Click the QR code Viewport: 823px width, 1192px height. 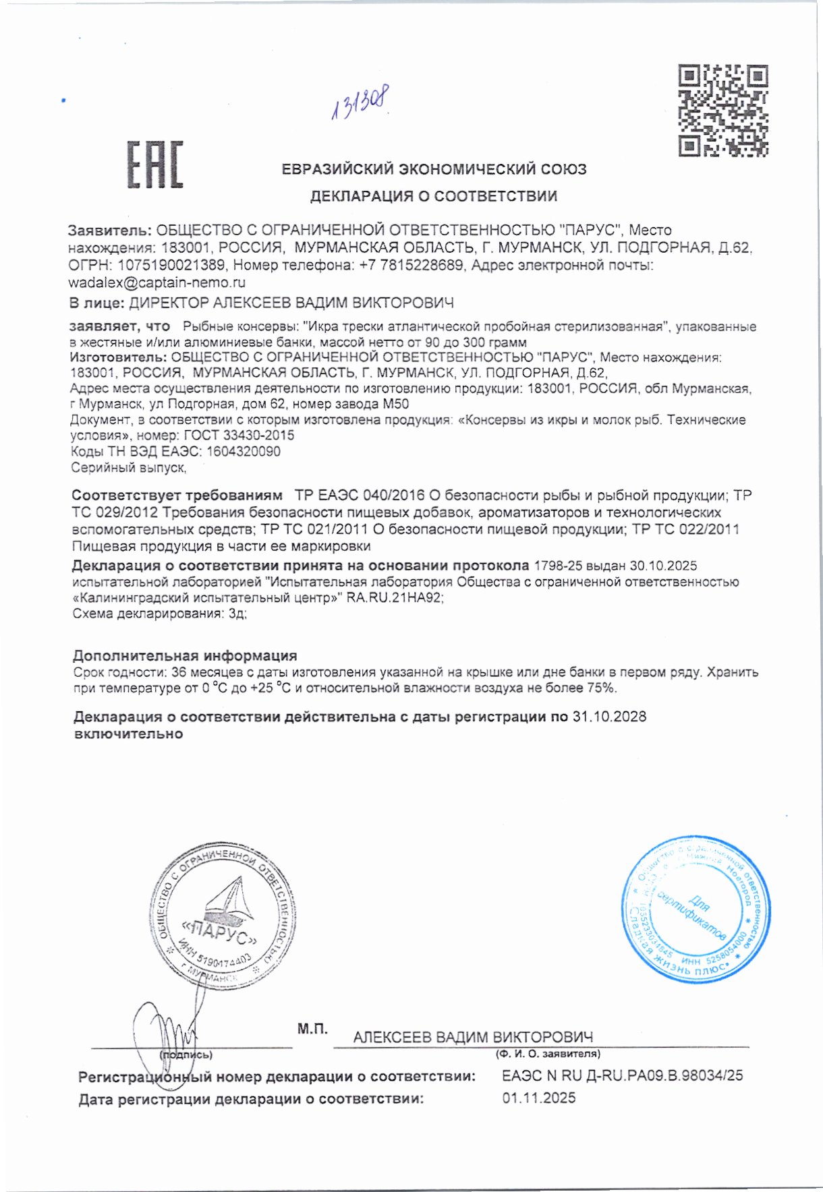click(722, 111)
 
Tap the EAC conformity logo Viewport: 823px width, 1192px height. click(155, 165)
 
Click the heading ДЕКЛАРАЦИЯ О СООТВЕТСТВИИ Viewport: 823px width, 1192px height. click(433, 196)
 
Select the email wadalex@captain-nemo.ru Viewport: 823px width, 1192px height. click(157, 282)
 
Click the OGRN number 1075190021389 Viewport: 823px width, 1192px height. click(171, 266)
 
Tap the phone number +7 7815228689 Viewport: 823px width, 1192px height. click(412, 266)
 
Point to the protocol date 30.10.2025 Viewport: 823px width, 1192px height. click(663, 566)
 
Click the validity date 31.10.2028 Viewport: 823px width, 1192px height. click(609, 717)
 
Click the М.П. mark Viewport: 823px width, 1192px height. click(312, 1029)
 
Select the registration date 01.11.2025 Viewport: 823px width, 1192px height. click(538, 1098)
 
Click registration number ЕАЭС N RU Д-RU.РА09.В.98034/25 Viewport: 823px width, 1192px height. click(622, 1075)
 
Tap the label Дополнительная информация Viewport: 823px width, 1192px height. click(185, 655)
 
